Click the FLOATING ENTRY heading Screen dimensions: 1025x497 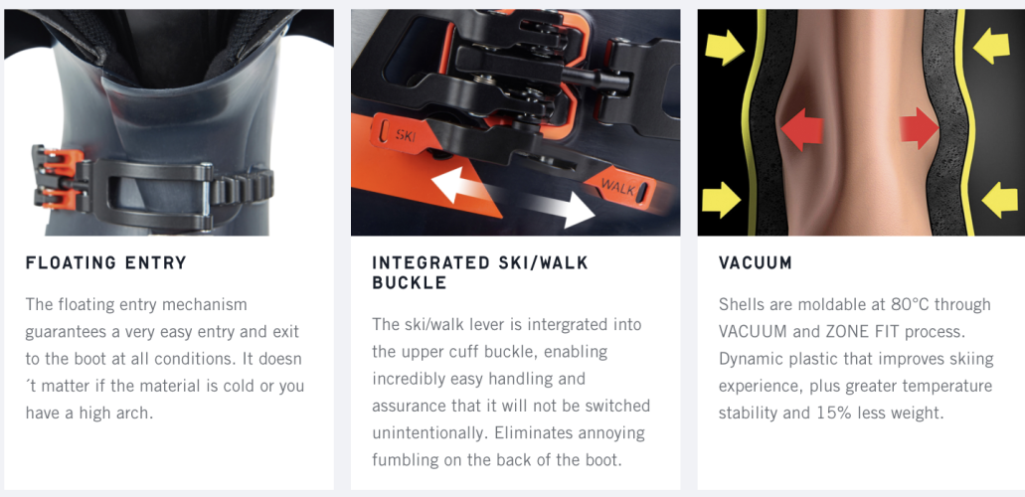click(x=106, y=262)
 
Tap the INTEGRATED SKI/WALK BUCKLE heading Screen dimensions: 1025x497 click(x=480, y=272)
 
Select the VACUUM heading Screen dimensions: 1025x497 click(x=755, y=262)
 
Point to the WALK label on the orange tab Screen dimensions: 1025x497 click(x=616, y=187)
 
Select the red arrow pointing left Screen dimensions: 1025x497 click(x=802, y=129)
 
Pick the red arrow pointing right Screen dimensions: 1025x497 click(x=920, y=127)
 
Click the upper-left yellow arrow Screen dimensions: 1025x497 click(x=725, y=47)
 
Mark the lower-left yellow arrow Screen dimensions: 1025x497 click(x=722, y=200)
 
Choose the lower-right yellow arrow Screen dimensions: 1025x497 click(x=999, y=200)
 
